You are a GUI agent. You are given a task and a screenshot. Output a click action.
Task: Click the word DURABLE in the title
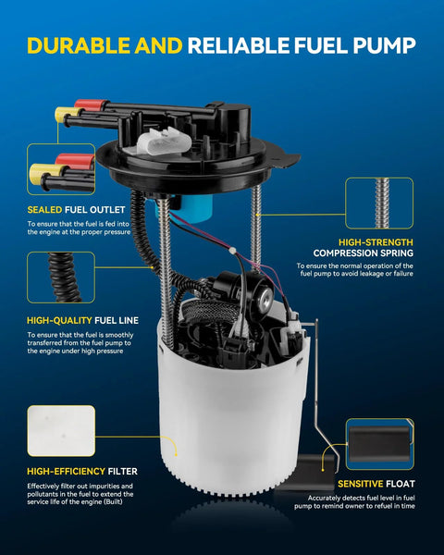point(79,45)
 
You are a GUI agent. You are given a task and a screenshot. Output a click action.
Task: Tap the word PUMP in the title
point(384,45)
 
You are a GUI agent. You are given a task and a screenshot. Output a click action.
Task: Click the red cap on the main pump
point(91,105)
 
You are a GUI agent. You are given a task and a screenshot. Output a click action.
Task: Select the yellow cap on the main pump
point(68,115)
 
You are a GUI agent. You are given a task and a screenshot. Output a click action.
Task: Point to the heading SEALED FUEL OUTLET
point(76,210)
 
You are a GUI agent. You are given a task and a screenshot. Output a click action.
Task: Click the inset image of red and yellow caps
point(61,169)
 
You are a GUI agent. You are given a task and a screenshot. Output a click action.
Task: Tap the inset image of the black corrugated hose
point(61,277)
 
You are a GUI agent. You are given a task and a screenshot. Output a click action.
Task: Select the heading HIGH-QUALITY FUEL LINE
point(83,320)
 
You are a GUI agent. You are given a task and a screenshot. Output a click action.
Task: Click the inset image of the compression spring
point(379,203)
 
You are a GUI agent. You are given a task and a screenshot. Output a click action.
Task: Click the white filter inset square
point(61,431)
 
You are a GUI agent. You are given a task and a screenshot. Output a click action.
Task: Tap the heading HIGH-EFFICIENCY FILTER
point(82,472)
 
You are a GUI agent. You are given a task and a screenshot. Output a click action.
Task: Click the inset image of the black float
point(379,444)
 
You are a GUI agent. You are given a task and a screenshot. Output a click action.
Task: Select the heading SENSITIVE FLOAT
point(376,484)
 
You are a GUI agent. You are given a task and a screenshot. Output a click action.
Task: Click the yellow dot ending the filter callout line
point(176,454)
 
